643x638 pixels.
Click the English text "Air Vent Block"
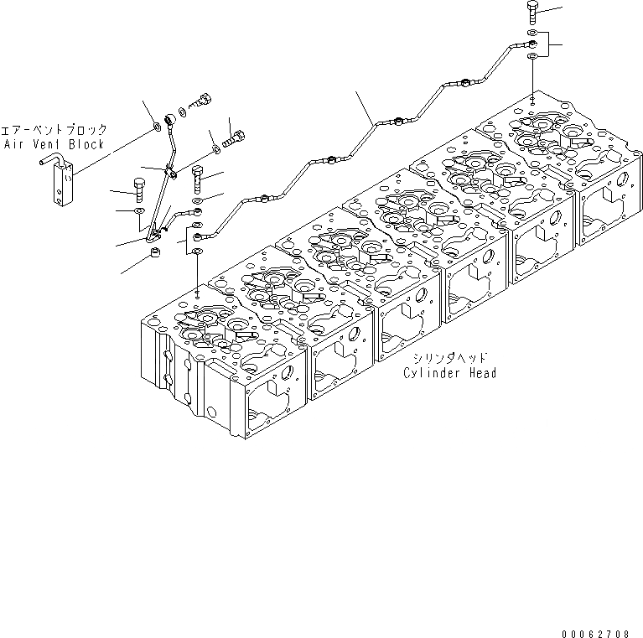point(54,144)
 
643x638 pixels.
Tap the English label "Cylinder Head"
point(449,373)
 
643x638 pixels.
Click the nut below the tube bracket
point(154,252)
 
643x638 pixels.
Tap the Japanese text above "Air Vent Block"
point(54,131)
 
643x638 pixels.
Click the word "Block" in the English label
point(88,144)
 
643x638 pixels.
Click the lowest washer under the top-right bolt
point(533,56)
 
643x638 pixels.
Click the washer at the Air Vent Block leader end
point(157,128)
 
